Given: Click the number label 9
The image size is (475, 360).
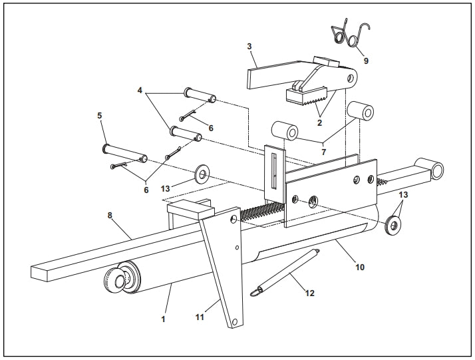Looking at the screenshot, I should tap(366, 61).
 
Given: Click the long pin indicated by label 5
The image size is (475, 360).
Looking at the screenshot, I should tap(100, 115).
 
